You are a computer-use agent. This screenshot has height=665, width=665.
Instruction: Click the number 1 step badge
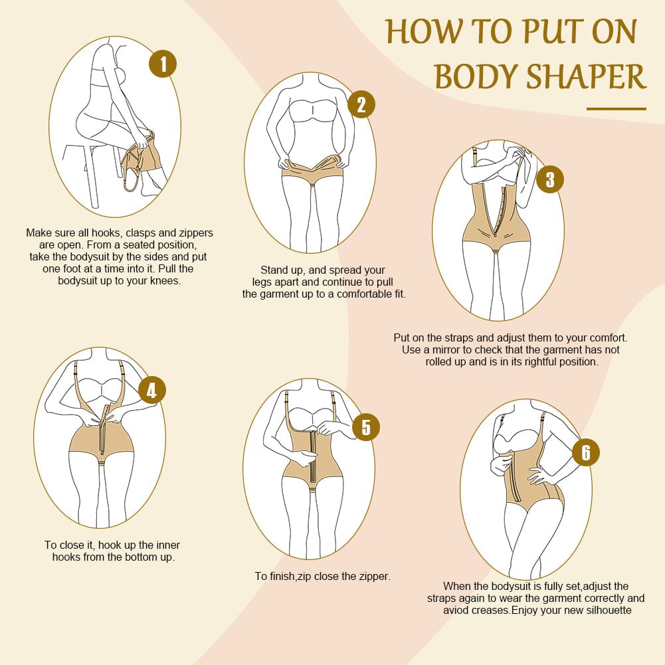click(163, 64)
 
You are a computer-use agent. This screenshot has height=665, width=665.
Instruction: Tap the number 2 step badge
click(361, 104)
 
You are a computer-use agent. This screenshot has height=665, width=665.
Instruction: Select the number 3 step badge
click(550, 179)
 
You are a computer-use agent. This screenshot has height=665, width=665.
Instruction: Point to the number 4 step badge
click(152, 390)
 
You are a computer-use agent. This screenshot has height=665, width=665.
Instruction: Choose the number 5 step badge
click(366, 427)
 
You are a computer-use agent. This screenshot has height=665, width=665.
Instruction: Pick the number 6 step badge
click(586, 452)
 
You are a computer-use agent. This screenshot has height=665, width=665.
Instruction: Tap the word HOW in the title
click(424, 32)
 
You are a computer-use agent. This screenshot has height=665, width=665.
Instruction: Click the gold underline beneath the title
click(617, 109)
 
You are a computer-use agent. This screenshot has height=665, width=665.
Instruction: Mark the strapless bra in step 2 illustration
click(312, 110)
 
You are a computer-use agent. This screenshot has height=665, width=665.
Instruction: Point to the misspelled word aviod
click(456, 611)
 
